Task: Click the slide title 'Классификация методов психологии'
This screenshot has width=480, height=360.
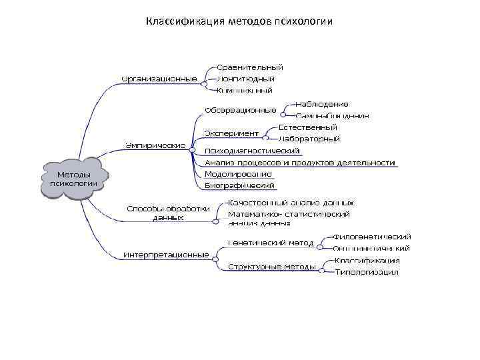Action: [239, 21]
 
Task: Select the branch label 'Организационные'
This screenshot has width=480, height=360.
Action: [159, 79]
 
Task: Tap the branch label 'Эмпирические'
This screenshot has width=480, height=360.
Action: [156, 145]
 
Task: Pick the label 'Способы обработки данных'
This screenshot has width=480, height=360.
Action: [168, 213]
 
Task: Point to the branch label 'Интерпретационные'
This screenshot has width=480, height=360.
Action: [166, 254]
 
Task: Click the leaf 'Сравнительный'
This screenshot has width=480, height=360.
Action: [250, 67]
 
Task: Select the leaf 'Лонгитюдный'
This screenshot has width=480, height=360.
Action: [246, 79]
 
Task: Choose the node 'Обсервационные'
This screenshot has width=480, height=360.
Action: [240, 109]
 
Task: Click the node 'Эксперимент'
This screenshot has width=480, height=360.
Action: [231, 133]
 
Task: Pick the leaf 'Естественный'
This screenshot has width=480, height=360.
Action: [307, 127]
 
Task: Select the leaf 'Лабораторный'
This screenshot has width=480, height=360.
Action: [309, 139]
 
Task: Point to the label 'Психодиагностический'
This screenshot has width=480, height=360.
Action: [252, 151]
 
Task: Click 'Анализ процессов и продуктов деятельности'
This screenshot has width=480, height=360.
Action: [301, 162]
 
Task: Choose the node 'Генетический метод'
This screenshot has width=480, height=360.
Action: [270, 243]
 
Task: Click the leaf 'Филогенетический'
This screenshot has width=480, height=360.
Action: [371, 237]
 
